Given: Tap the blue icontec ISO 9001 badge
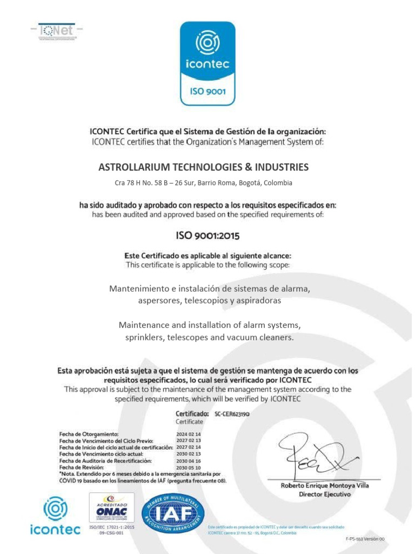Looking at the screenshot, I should tap(207, 63).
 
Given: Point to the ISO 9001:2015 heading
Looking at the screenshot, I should tap(207, 235).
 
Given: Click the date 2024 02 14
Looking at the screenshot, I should tap(188, 434).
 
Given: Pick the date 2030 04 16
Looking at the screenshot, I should tap(188, 460).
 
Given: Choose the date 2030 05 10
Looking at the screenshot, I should tap(188, 467).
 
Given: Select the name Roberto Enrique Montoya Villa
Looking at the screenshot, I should tap(325, 486).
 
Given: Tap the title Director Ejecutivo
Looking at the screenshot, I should tap(325, 494).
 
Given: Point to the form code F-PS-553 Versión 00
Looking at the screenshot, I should tap(364, 539).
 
